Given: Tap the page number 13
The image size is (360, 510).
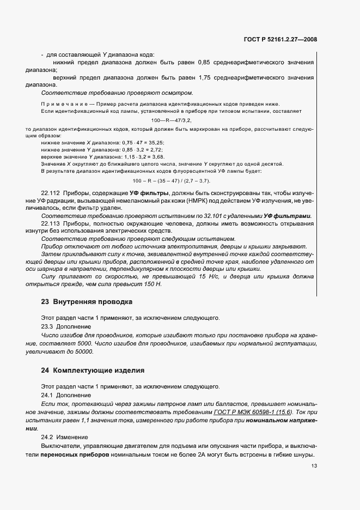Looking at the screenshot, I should point(314,466).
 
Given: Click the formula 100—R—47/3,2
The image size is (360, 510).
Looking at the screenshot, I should point(172,119).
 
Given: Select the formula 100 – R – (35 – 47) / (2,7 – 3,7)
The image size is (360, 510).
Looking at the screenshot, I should point(172,180).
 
